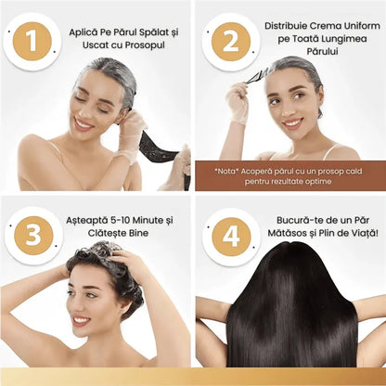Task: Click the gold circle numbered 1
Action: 32,41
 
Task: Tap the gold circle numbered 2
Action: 231,42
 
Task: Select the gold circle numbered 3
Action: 33,236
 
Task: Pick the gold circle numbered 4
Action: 231,237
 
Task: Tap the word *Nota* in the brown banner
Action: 226,171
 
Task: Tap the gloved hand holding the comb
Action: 238,102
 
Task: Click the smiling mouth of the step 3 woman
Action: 81,321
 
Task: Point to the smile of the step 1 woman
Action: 84,124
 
